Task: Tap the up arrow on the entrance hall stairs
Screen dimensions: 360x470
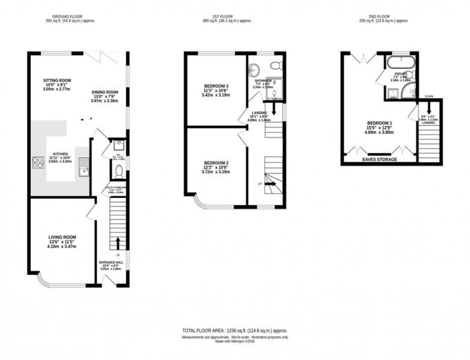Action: click(x=117, y=242)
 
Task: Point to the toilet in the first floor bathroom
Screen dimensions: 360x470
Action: click(x=276, y=66)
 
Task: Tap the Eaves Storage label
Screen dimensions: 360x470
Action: click(x=380, y=159)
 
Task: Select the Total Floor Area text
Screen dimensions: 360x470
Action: click(x=235, y=331)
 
